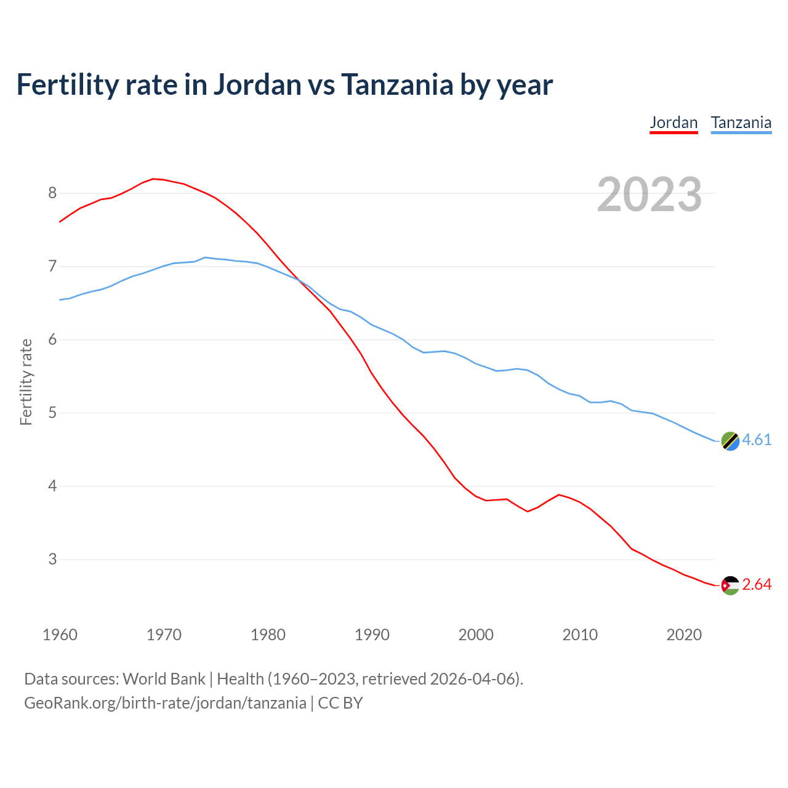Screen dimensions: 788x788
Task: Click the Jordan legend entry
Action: coord(673,123)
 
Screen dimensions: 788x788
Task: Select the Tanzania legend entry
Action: coord(741,123)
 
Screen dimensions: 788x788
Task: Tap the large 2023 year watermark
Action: coord(649,195)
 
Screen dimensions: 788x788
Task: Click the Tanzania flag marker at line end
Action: coord(730,441)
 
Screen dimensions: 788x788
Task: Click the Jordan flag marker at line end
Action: coord(730,585)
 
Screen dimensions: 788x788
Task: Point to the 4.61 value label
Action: coord(757,440)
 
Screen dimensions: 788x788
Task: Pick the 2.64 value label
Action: coord(757,584)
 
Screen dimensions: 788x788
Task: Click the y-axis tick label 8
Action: coord(52,193)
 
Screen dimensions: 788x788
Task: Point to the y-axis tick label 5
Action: coord(52,413)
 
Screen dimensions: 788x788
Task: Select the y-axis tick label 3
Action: coord(52,560)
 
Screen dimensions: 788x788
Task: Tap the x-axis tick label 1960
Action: coord(60,635)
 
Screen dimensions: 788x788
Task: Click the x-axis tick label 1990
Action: coord(372,635)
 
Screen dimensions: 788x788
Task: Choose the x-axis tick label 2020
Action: coord(684,635)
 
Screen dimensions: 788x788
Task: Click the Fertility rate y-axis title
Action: coord(26,382)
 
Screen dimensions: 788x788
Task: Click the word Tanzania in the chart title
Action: coord(397,84)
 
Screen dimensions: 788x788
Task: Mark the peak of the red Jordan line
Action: coord(153,179)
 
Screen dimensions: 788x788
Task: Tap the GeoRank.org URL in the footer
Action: coord(165,703)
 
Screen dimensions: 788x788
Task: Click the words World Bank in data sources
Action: coord(164,679)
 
